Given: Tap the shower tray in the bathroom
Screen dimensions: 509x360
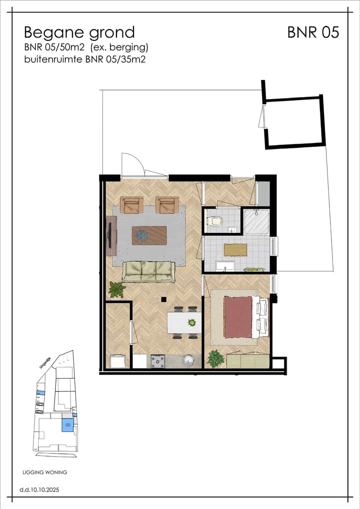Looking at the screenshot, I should (256, 221).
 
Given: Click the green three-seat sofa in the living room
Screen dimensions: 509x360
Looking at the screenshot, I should (149, 271).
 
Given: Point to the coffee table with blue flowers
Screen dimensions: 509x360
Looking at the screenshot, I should (149, 235).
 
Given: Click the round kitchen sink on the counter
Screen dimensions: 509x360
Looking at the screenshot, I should (188, 359).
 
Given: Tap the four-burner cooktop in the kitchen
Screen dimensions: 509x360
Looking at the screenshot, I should (157, 360).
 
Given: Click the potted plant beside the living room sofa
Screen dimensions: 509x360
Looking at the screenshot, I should (117, 289).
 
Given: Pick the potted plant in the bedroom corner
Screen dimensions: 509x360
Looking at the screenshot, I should (216, 358).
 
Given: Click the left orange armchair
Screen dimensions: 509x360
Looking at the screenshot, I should (131, 205).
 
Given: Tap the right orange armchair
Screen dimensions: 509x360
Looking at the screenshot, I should (167, 205).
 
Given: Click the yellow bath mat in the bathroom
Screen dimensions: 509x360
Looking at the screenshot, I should (235, 249).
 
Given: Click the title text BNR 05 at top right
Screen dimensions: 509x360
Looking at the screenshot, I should (313, 32).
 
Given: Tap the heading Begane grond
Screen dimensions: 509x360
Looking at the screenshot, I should (79, 32).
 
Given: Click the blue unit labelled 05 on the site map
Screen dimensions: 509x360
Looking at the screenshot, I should (67, 425).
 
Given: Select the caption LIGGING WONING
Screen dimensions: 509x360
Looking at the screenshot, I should (45, 472).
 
